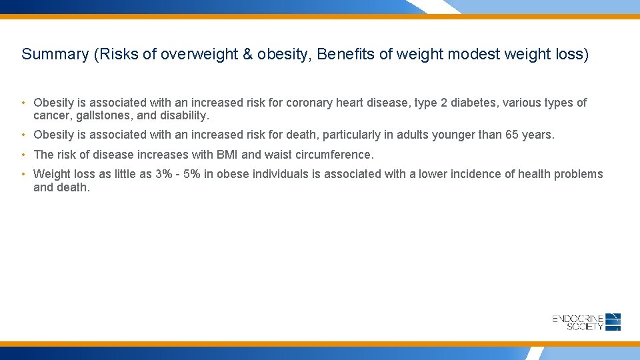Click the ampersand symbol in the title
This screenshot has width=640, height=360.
tap(248, 55)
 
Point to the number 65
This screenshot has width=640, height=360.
tap(512, 135)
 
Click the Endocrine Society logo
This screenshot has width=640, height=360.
tap(587, 322)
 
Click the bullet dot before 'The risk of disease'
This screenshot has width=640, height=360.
tap(23, 155)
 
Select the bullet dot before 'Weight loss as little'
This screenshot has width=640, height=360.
tap(23, 175)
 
